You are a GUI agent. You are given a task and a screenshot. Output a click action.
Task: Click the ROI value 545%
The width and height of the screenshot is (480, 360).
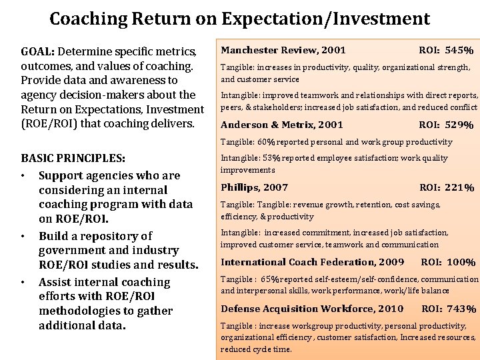461,51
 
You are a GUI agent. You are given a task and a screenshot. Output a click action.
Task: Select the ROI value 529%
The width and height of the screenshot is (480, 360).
461,125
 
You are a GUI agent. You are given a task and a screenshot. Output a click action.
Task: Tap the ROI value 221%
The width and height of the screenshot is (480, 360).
461,188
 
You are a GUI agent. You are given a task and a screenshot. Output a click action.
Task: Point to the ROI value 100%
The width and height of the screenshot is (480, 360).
462,263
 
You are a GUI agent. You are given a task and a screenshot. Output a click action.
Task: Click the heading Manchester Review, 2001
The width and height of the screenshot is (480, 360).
283,50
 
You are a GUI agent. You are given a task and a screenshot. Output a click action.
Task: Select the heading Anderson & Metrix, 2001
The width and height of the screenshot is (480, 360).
282,125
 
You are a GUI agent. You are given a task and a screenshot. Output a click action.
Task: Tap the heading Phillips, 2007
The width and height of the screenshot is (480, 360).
255,188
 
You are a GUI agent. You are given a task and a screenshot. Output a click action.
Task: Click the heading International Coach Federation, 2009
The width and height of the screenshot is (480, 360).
313,263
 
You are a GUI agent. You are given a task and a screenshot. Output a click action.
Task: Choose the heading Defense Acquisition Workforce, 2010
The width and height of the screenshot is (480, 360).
312,309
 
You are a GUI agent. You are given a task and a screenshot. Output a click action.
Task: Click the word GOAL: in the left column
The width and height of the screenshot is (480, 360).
38,52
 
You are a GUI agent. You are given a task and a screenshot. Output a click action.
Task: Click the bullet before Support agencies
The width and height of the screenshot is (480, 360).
24,177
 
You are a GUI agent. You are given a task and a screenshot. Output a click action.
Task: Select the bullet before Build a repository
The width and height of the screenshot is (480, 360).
24,237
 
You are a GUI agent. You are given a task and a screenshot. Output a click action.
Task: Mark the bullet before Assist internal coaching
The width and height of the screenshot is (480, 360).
24,283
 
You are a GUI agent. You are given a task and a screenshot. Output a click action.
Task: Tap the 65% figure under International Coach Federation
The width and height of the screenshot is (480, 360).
271,280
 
